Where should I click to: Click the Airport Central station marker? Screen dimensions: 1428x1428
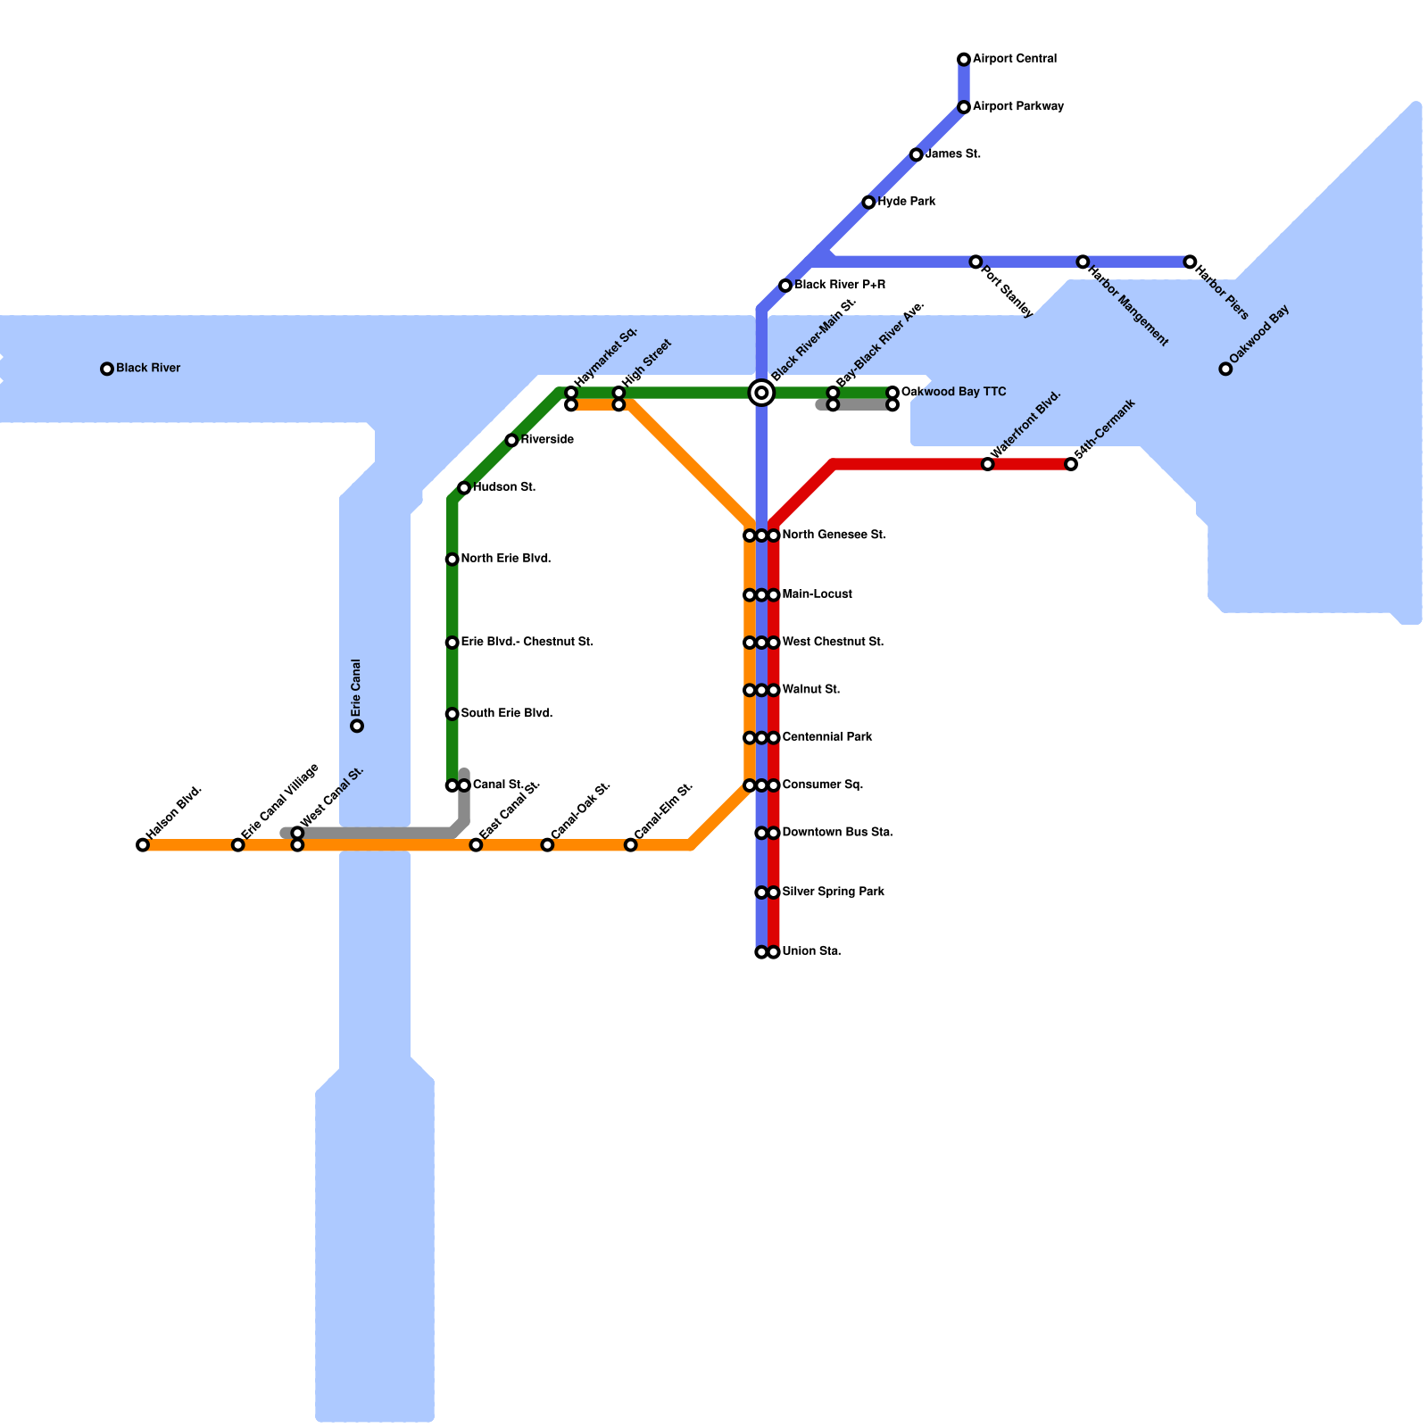click(x=964, y=60)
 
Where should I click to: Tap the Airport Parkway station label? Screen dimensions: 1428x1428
click(x=1017, y=107)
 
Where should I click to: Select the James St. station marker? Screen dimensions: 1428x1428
click(x=917, y=155)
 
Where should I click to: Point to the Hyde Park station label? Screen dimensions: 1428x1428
click(x=906, y=202)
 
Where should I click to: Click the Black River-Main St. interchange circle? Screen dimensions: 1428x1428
click(x=761, y=393)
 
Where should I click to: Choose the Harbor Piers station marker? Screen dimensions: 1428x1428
click(x=1190, y=262)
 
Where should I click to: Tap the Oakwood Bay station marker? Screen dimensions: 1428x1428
click(x=1225, y=369)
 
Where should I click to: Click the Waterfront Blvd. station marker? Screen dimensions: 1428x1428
click(x=987, y=464)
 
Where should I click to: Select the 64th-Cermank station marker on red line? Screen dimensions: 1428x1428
click(x=1071, y=464)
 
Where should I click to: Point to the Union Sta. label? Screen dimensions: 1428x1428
click(x=811, y=951)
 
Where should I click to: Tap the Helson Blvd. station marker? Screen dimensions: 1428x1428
click(x=143, y=845)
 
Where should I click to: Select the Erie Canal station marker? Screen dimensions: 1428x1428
click(x=357, y=726)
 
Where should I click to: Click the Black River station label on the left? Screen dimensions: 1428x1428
click(x=148, y=369)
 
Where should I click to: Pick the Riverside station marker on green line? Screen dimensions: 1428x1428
click(x=511, y=440)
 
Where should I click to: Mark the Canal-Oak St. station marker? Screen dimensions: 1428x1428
click(x=547, y=845)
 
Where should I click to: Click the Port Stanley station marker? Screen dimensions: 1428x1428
click(x=976, y=262)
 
